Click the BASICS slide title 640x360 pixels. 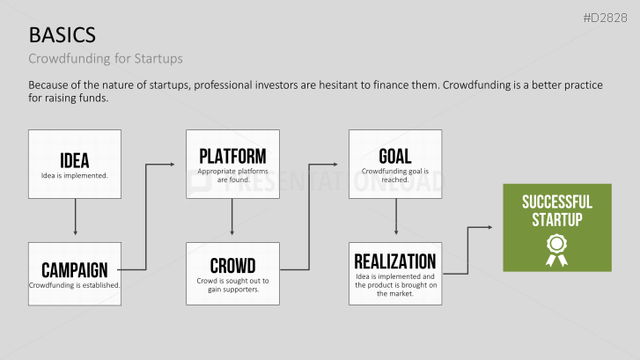click(62, 35)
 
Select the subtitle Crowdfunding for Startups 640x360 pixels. click(106, 58)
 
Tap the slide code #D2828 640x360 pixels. click(605, 18)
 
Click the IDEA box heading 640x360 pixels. click(75, 160)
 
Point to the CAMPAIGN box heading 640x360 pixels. click(75, 270)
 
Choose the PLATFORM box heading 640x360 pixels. click(232, 156)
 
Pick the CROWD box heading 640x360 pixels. click(232, 266)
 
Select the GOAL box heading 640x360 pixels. click(395, 156)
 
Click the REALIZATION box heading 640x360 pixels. click(395, 261)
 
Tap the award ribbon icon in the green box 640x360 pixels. click(556, 250)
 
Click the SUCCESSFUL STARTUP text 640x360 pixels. click(557, 210)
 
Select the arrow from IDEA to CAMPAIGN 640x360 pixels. click(75, 217)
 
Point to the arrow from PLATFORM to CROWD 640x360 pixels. click(232, 217)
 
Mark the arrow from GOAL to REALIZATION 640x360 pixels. click(396, 217)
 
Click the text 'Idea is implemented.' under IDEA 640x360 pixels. click(74, 175)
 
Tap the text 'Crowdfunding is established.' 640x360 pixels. click(74, 285)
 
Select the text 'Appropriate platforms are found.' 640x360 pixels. click(232, 175)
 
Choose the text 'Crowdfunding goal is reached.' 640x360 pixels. click(395, 175)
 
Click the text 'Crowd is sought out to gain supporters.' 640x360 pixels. click(232, 285)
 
